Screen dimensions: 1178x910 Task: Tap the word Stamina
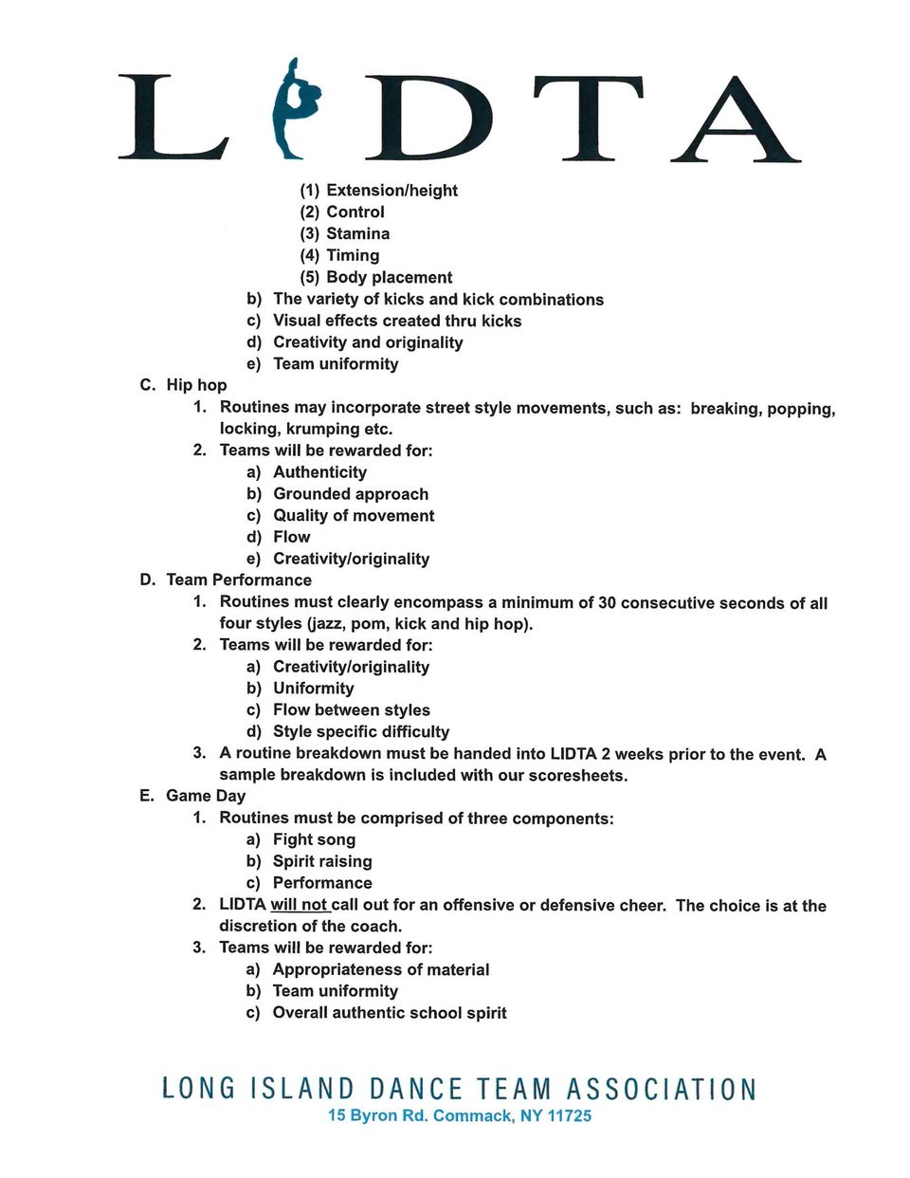coord(357,233)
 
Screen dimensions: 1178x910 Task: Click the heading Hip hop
coord(196,385)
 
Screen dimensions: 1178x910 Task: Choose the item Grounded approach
coord(351,493)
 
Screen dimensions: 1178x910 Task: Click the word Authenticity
coord(319,472)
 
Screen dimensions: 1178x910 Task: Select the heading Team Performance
coord(239,580)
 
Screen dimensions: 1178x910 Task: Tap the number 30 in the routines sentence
coord(608,602)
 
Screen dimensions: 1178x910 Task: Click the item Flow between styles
coord(351,709)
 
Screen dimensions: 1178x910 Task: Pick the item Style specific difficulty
coord(361,731)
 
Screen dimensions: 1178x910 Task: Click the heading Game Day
coord(206,796)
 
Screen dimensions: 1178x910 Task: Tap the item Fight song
coord(314,839)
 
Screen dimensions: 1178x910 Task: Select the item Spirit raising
coord(322,861)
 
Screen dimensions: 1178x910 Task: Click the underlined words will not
coord(299,905)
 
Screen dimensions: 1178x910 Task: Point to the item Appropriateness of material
coord(381,969)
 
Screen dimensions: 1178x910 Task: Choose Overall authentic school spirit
coord(390,1013)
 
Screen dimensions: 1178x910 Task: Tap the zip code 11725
coord(570,1116)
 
